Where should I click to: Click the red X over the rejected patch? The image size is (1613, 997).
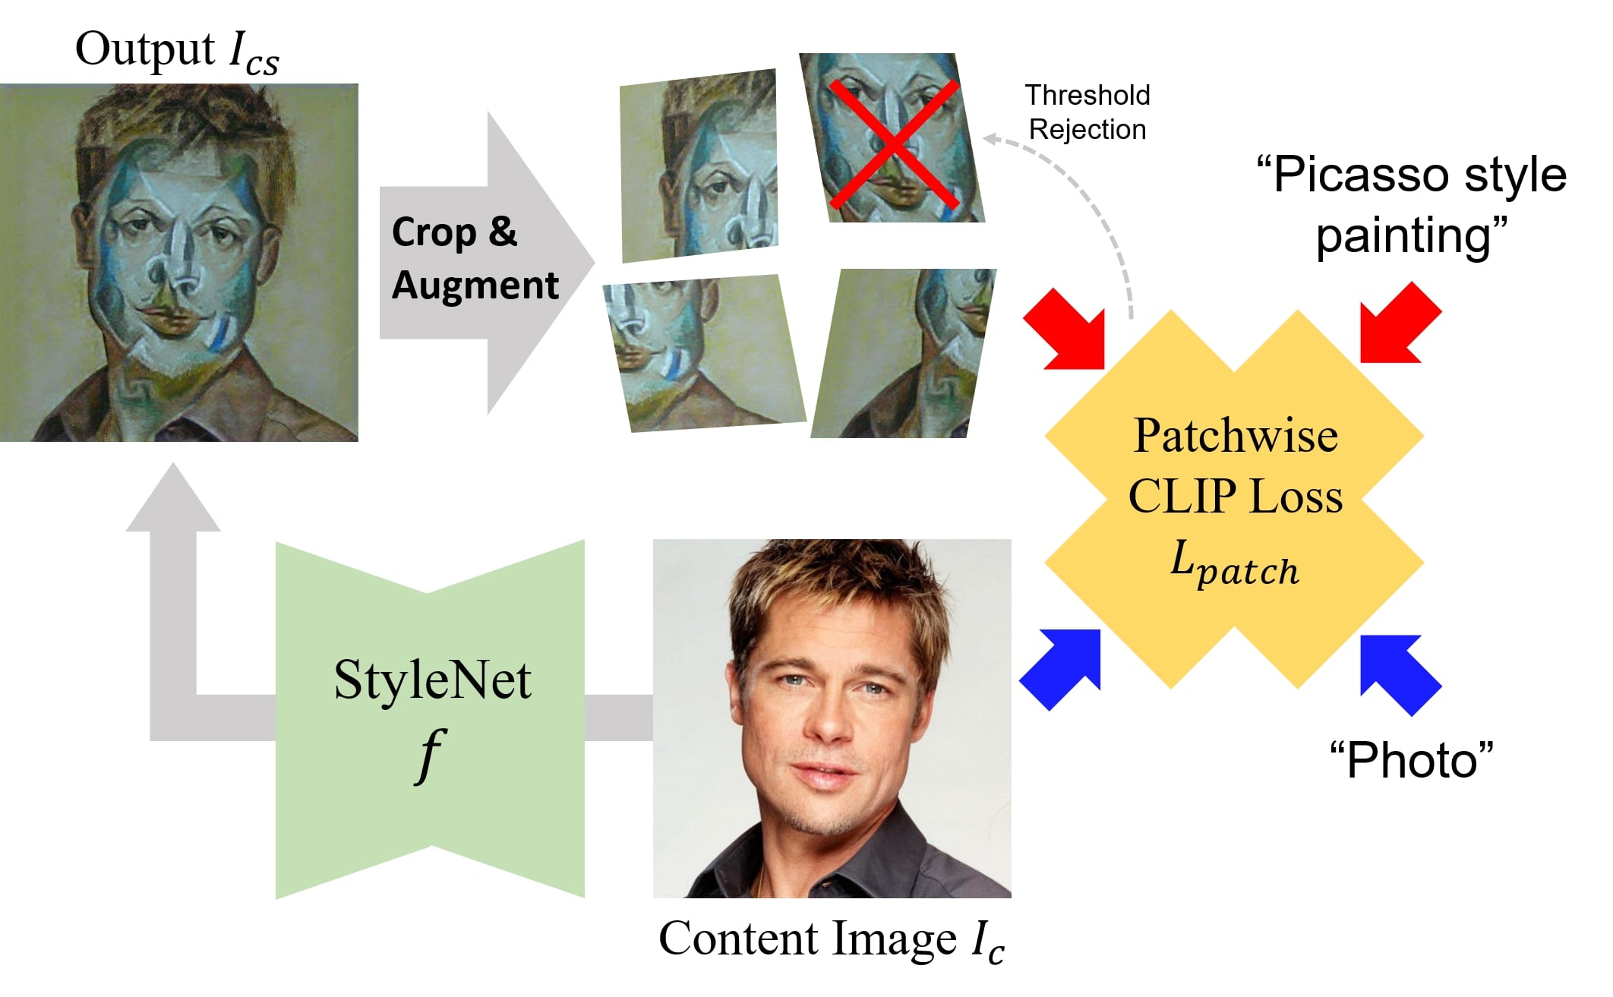point(894,144)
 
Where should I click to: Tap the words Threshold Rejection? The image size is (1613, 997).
point(1087,112)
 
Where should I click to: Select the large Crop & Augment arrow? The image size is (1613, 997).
point(486,262)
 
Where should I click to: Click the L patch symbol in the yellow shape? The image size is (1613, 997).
point(1234,566)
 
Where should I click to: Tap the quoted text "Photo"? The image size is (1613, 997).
point(1411,759)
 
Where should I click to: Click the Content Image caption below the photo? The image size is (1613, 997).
point(832,940)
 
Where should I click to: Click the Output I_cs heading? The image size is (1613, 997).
point(177,52)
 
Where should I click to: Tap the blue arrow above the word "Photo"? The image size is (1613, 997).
point(1399,672)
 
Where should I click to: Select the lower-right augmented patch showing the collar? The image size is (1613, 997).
point(904,354)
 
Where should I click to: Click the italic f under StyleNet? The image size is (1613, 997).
point(431,756)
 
